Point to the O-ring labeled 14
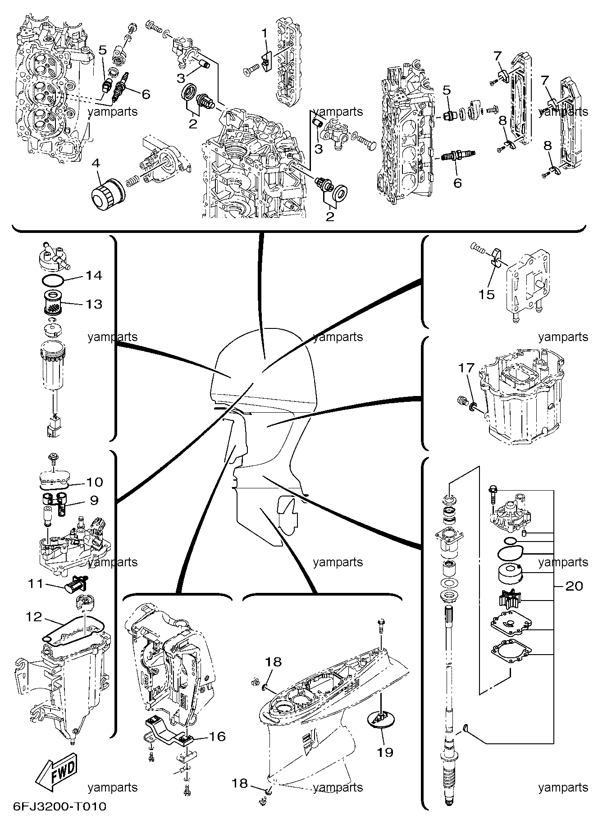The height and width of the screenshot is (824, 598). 52,280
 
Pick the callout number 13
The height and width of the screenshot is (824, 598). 94,304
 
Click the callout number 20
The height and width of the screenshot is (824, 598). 574,586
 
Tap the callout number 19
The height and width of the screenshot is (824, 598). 385,752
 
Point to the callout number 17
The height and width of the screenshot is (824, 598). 466,369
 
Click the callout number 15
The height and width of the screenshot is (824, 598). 487,295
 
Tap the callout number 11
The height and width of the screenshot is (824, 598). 35,584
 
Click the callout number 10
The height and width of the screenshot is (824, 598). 94,482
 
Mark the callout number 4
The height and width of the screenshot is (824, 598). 95,163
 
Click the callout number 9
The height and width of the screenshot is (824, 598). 94,500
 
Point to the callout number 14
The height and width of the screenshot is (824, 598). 94,275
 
